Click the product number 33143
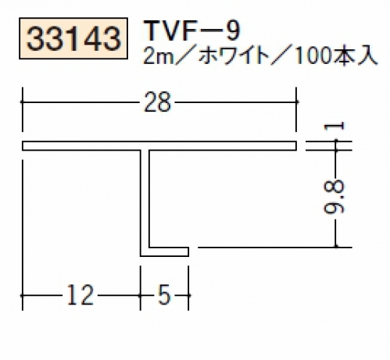point(73,38)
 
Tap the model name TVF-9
point(192,31)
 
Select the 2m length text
point(158,56)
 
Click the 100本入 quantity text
point(335,56)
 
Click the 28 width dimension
point(157,102)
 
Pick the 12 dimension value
point(80,295)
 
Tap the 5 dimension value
point(164,295)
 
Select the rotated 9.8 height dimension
point(335,197)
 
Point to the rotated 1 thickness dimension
point(335,127)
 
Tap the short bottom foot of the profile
point(164,251)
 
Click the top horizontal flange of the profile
point(159,146)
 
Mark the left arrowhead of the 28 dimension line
point(23,102)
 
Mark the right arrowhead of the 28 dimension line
point(296,102)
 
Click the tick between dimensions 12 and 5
point(141,295)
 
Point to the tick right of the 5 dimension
point(188,295)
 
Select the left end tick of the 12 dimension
point(23,295)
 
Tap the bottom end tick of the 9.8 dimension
point(336,246)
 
